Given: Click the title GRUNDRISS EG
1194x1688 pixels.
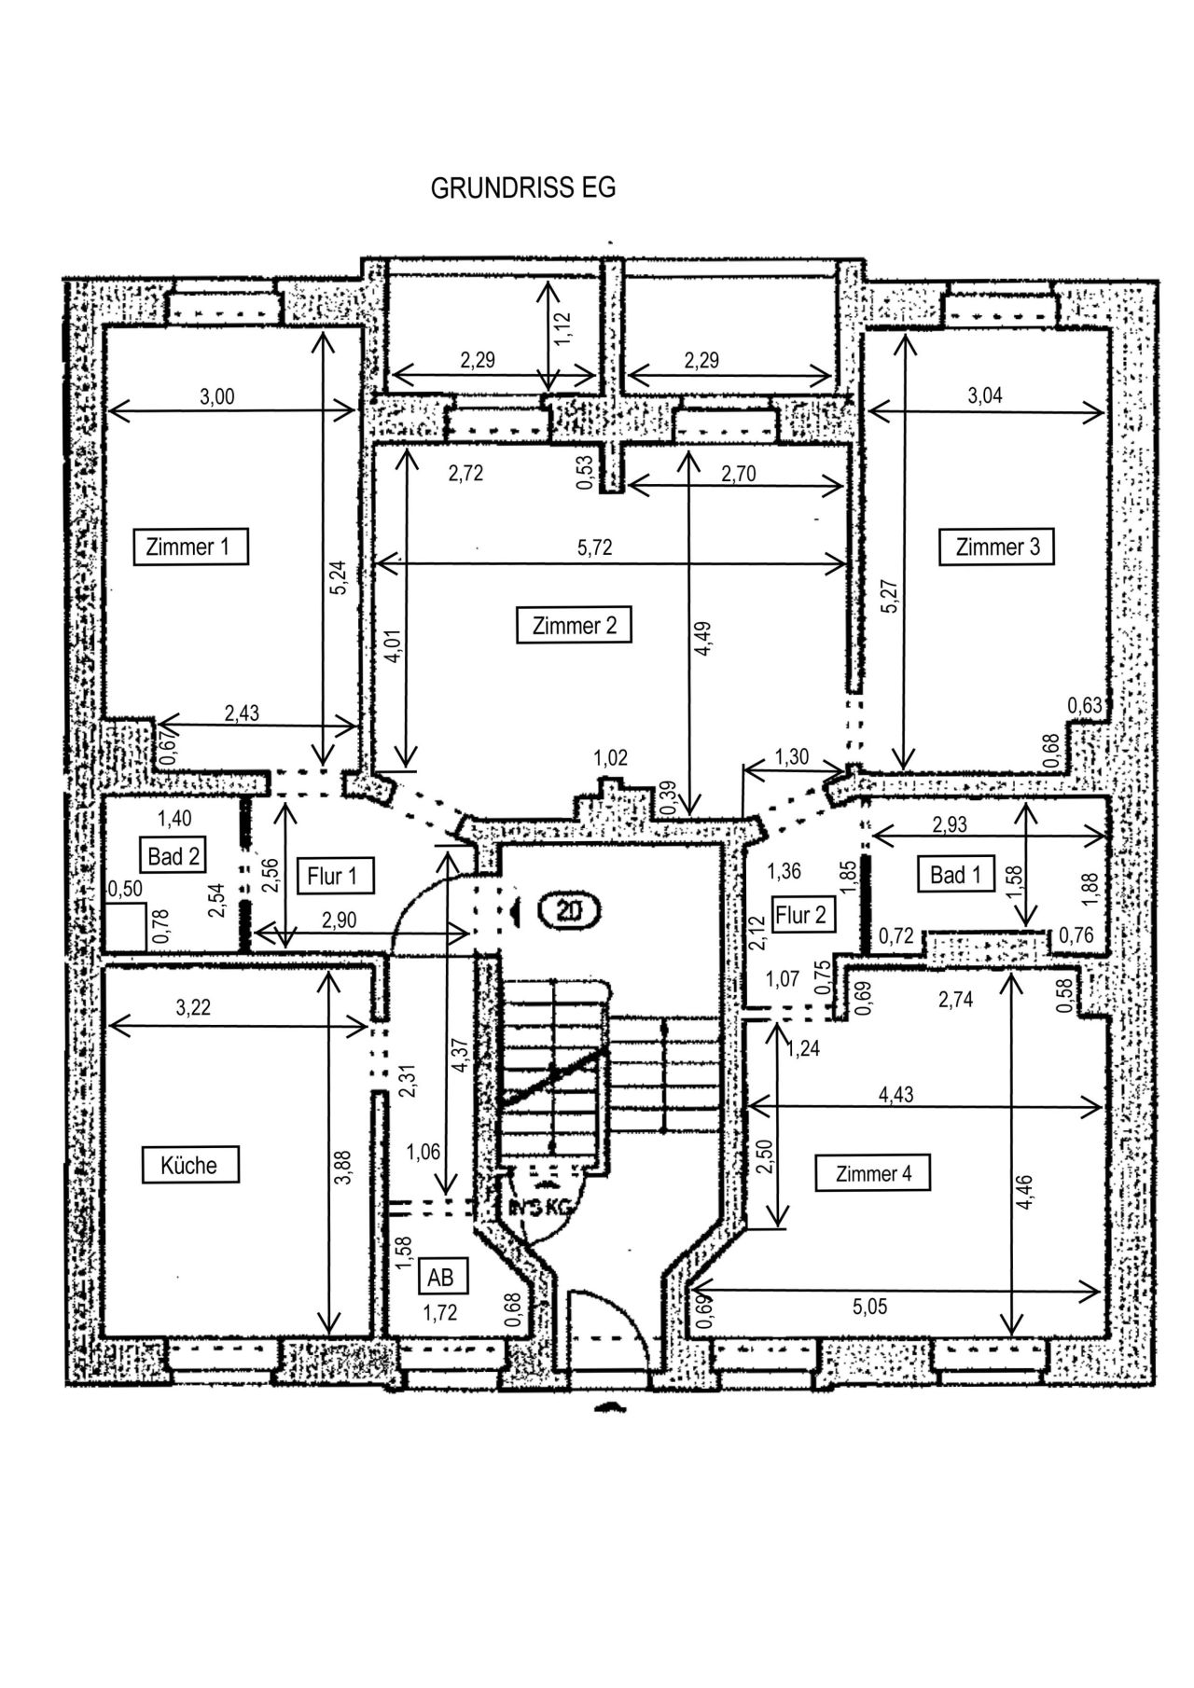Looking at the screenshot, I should coord(522,187).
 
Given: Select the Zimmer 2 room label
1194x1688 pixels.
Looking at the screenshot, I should coord(575,626).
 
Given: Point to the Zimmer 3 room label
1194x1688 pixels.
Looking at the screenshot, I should coord(997,547).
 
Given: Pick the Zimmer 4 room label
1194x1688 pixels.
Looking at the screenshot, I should coord(873,1174).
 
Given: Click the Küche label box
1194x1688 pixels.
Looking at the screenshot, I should coord(189,1166).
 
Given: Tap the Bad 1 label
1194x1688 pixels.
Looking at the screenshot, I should coord(956,875).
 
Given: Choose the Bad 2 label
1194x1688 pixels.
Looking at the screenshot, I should coord(174,855).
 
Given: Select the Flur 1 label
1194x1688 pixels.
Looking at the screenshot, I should coord(332,877).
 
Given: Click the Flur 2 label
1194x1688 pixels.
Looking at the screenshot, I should coord(801,915).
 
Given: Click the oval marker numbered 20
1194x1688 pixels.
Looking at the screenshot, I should coord(568,909).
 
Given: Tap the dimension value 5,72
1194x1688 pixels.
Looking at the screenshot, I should coord(595,547).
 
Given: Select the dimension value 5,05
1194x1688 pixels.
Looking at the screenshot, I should coord(869,1308).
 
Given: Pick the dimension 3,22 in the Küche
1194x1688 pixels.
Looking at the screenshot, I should coord(193,1008).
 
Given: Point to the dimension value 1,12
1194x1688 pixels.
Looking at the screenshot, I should coord(562,328).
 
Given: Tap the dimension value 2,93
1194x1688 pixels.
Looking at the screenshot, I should coord(950,824).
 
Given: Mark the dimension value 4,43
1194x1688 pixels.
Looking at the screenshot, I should coord(896,1095).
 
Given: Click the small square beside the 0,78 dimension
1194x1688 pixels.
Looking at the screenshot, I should coord(125,926).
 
